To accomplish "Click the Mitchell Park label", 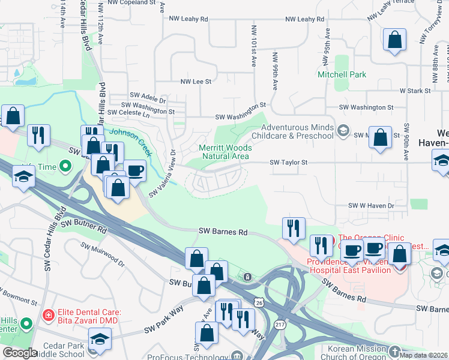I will [x=342, y=75].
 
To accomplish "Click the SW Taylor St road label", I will [x=288, y=162].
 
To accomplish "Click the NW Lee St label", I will [x=196, y=81].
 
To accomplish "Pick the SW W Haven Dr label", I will [x=371, y=205].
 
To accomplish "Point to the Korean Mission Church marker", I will [x=394, y=351].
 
